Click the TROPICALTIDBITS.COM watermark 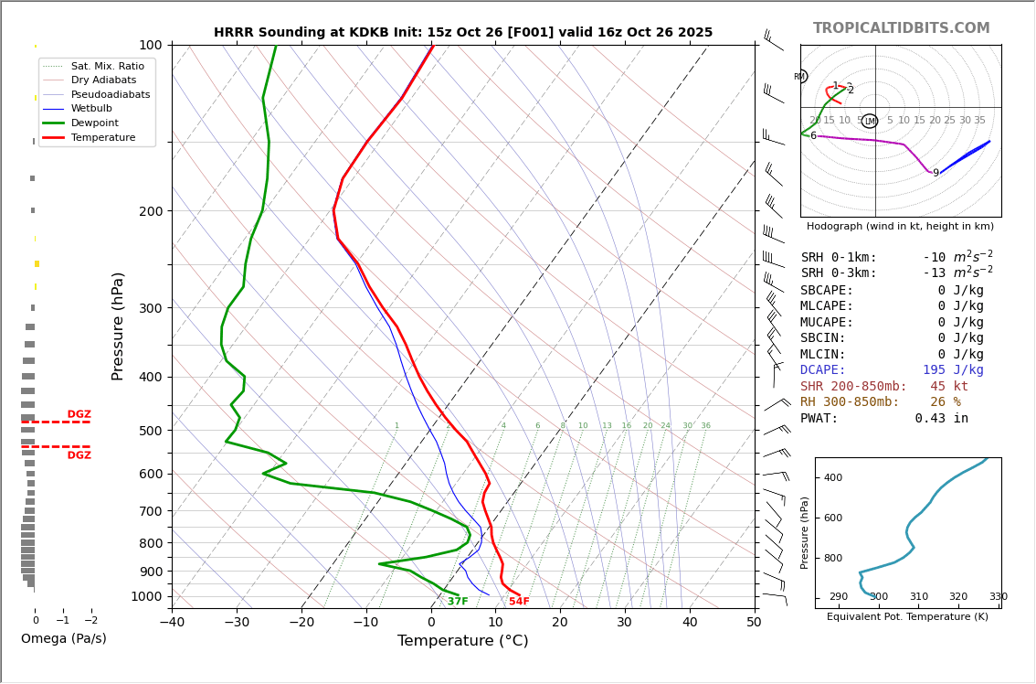[x=901, y=28]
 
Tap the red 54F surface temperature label [x=519, y=602]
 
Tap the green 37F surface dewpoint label [x=458, y=602]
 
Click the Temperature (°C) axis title [x=462, y=642]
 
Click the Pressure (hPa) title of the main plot [x=119, y=326]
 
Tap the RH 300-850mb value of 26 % [x=946, y=402]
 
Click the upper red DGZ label [x=79, y=415]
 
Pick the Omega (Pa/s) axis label [x=64, y=639]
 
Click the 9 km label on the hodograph [x=936, y=174]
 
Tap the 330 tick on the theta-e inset [x=998, y=597]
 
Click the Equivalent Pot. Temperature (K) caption [x=907, y=617]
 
